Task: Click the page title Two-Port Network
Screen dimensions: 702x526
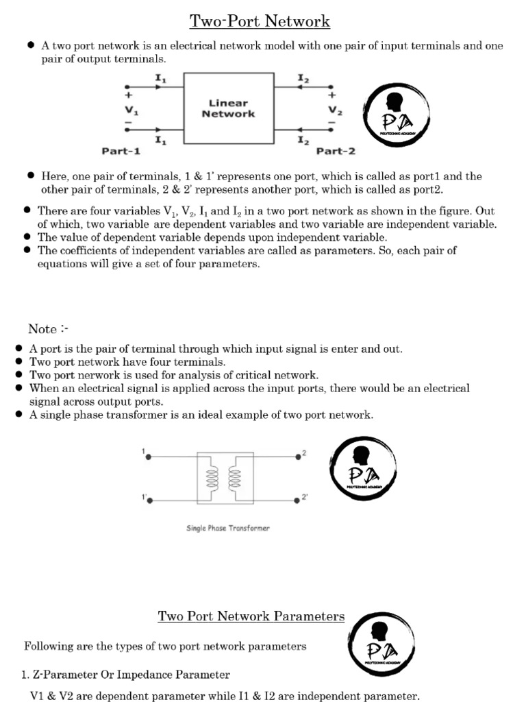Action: click(x=260, y=21)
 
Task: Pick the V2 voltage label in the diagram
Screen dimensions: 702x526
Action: click(x=335, y=110)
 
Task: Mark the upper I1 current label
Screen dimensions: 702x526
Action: click(x=160, y=79)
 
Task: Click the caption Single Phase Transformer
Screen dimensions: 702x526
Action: click(x=228, y=528)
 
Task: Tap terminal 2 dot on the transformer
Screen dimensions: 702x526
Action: click(x=297, y=455)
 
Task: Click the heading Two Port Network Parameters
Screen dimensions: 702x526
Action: click(x=251, y=616)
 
